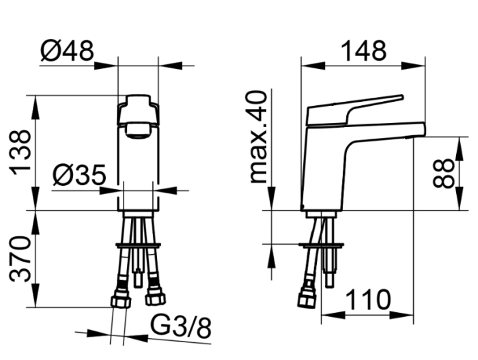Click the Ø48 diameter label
[67, 51]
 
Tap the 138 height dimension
[21, 152]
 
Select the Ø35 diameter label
[79, 175]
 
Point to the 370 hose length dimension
[20, 259]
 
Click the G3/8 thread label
[181, 327]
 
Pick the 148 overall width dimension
[363, 51]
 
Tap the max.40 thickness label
[258, 137]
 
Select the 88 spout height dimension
[443, 173]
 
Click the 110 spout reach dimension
[368, 300]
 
